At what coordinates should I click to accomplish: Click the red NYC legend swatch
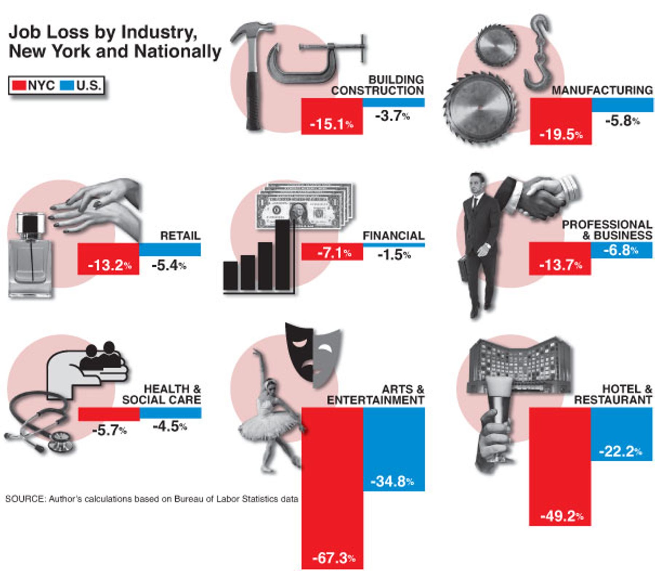pyautogui.click(x=19, y=86)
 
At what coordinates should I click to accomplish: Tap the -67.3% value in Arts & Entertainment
pyautogui.click(x=334, y=558)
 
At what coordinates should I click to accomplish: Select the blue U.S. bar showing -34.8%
pyautogui.click(x=394, y=449)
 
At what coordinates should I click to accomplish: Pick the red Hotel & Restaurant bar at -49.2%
pyautogui.click(x=560, y=466)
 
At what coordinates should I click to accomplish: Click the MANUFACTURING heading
pyautogui.click(x=602, y=90)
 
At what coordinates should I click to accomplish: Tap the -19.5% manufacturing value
pyautogui.click(x=561, y=134)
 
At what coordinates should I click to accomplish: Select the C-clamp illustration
pyautogui.click(x=313, y=60)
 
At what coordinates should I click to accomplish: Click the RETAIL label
pyautogui.click(x=180, y=236)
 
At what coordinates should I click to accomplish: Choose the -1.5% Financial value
pyautogui.click(x=394, y=255)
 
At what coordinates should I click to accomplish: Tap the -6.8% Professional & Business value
pyautogui.click(x=621, y=250)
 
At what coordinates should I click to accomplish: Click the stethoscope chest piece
pyautogui.click(x=59, y=441)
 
